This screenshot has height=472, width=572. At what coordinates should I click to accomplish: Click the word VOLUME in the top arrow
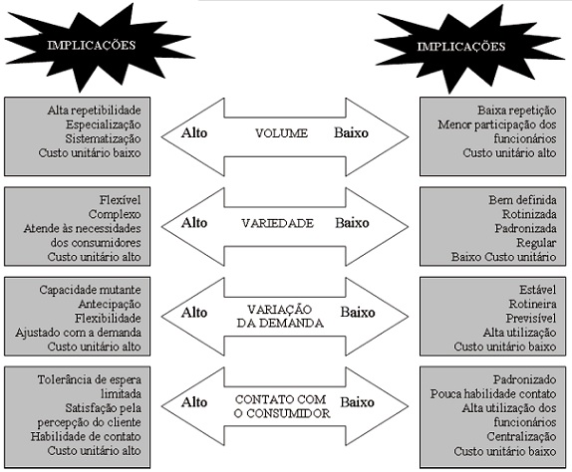pos(281,133)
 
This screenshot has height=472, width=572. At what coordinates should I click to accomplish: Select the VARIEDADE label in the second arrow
pos(278,223)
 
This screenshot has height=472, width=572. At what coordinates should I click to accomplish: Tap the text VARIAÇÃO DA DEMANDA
pos(280,316)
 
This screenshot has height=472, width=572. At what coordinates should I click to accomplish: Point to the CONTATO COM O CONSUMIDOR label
pos(282,406)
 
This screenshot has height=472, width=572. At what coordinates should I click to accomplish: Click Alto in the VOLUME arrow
pos(194,132)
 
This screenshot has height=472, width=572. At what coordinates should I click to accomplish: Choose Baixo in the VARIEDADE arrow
pos(352,223)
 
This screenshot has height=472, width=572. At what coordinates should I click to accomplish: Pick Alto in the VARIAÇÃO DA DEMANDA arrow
pos(194,313)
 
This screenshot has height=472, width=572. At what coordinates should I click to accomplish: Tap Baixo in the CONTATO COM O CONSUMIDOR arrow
pos(358,402)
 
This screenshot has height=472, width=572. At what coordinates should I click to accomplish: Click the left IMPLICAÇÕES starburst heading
pos(92,45)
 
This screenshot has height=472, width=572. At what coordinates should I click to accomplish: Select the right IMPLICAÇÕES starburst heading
pos(461,47)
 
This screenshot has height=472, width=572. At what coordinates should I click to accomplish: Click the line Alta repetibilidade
pos(94,111)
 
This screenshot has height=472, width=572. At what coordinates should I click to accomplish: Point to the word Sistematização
pos(104,138)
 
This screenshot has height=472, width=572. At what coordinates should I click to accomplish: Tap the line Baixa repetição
pos(517,111)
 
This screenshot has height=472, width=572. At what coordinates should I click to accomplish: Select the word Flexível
pos(120,200)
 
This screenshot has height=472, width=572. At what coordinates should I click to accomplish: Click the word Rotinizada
pos(529,214)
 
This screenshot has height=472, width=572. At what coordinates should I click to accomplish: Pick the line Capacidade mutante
pos(90,290)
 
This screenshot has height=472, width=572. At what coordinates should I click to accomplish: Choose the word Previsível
pos(531,319)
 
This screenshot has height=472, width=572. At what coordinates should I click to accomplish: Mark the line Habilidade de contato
pos(86,436)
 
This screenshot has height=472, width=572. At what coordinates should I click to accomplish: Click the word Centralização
pos(521,436)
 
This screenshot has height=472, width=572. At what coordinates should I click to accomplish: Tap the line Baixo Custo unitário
pos(504,257)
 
